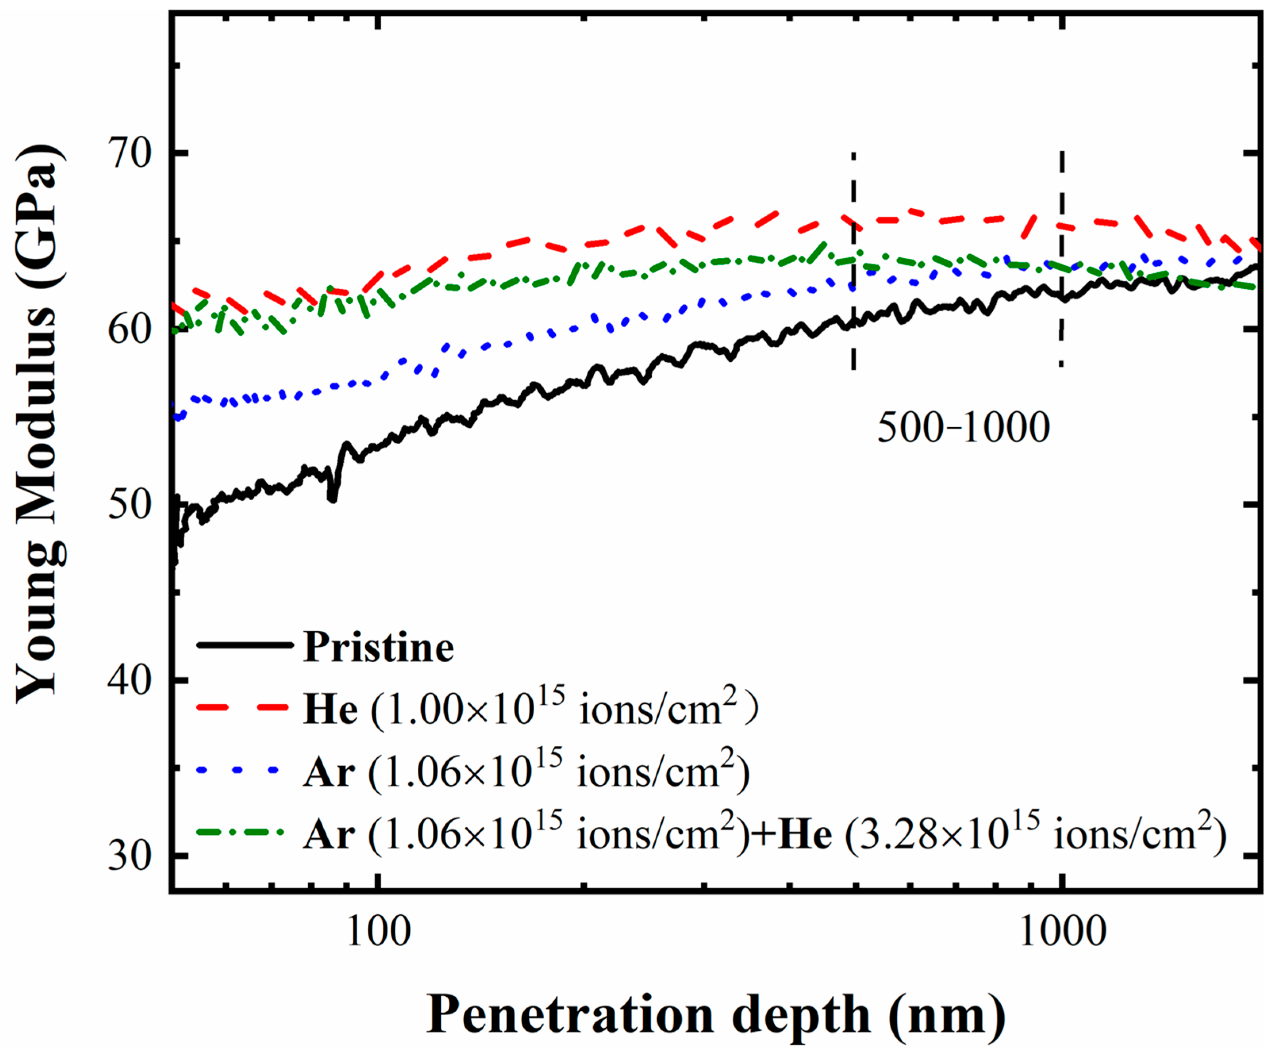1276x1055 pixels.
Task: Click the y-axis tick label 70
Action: (x=129, y=154)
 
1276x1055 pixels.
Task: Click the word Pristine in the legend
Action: (x=378, y=647)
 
